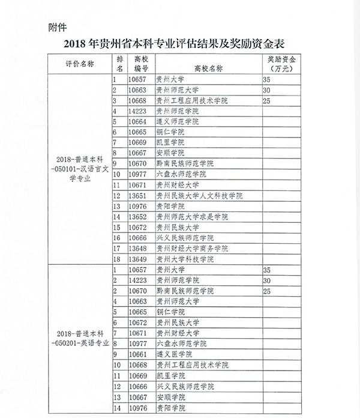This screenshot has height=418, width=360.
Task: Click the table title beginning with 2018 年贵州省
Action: tap(180, 44)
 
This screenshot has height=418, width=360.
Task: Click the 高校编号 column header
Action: tap(141, 64)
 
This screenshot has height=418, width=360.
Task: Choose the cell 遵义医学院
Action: tap(172, 355)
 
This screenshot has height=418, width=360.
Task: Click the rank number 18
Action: tap(117, 259)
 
